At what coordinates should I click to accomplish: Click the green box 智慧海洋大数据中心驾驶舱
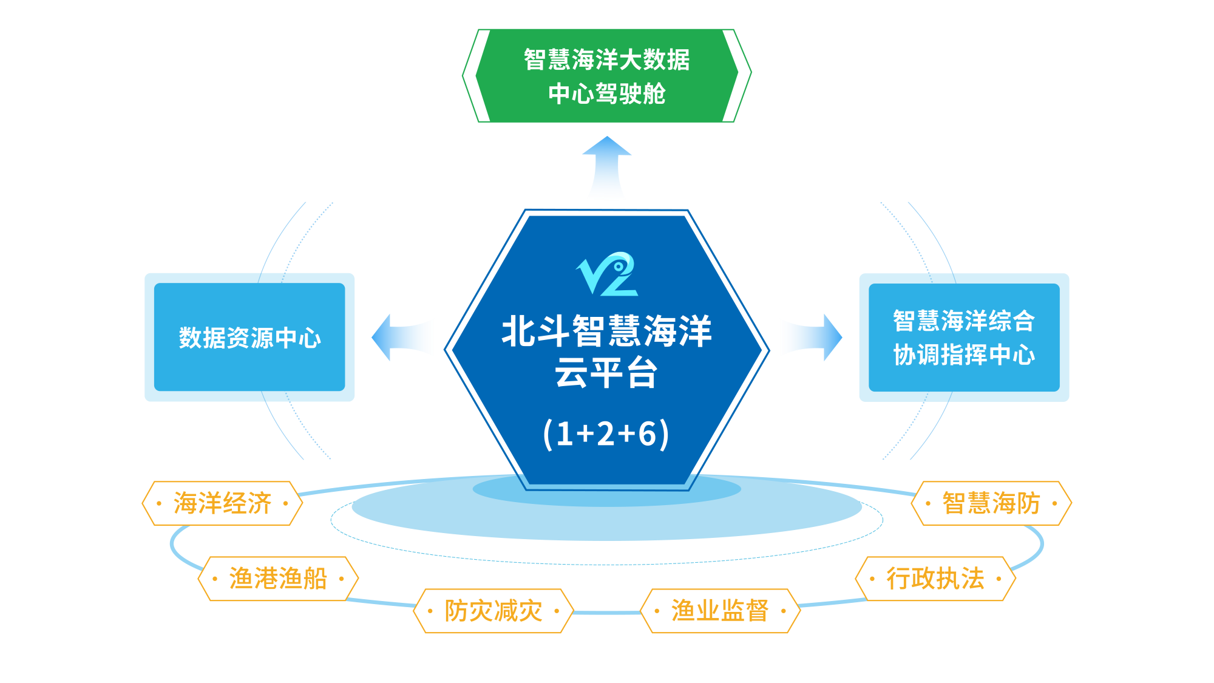tap(607, 76)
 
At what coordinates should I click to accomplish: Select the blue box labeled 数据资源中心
tap(249, 338)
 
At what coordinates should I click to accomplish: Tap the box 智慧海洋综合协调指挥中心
tap(964, 338)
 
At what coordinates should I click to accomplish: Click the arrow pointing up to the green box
tap(606, 170)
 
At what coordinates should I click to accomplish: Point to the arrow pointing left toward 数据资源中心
tap(403, 338)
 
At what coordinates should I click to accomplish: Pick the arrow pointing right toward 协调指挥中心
tap(810, 338)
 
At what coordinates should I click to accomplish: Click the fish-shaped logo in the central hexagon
tap(607, 274)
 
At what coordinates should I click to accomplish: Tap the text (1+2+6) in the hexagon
tap(606, 433)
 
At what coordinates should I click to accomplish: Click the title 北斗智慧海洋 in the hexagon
tap(606, 331)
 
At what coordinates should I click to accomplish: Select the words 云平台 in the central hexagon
tap(606, 372)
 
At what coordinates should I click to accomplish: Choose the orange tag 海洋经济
tap(222, 503)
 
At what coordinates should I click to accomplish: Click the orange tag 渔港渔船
tap(278, 579)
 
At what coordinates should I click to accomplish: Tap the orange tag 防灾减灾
tap(493, 611)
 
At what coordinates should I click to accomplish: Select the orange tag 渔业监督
tap(720, 611)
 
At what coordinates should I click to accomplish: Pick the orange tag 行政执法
tap(935, 579)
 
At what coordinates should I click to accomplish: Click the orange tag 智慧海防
tap(991, 503)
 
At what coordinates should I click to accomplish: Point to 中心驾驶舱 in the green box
tap(607, 94)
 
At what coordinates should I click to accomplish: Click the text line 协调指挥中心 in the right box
tap(964, 355)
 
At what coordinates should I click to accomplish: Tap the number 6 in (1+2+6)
tap(647, 434)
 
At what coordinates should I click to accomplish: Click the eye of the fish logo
tap(619, 267)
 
